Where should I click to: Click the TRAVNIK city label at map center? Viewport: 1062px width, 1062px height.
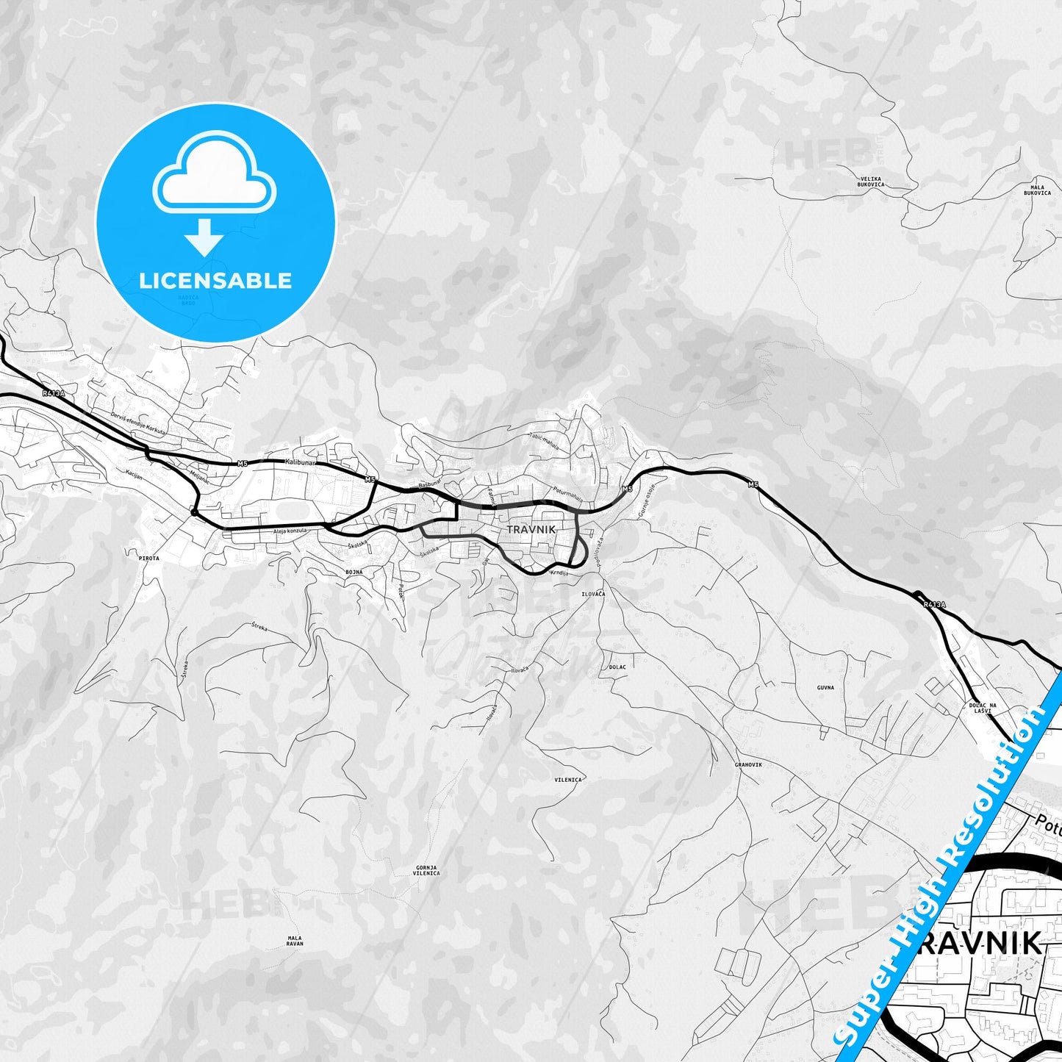(x=531, y=529)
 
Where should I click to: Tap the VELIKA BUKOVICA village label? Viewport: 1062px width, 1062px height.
(x=871, y=182)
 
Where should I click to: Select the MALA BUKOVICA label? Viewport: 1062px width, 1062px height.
(x=1037, y=190)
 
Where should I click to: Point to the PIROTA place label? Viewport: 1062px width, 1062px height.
(x=148, y=559)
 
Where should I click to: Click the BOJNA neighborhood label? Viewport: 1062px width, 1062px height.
(x=354, y=570)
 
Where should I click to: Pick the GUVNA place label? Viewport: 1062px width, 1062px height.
(x=825, y=688)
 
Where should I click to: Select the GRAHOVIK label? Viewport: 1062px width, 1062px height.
(x=748, y=764)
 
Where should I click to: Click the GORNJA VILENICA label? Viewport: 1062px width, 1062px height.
(x=426, y=870)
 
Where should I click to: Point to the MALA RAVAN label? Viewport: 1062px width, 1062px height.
(x=295, y=941)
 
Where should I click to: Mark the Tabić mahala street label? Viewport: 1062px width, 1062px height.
(x=543, y=440)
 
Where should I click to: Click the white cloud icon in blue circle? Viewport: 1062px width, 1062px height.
(x=215, y=176)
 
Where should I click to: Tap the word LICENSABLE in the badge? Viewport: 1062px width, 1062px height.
(x=215, y=280)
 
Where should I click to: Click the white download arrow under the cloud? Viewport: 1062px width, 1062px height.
(x=204, y=237)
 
